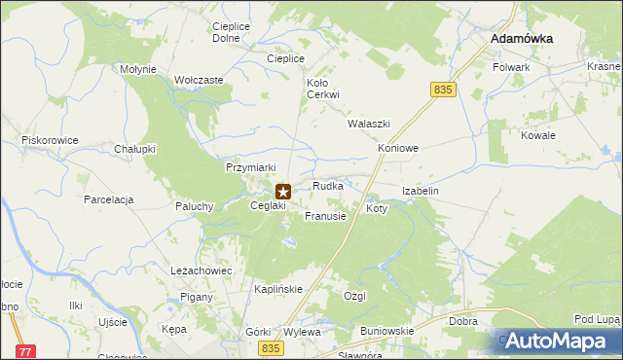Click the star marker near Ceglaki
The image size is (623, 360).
point(283,193)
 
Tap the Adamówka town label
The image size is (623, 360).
point(522,38)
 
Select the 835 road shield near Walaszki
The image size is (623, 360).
point(443,90)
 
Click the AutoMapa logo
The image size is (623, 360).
point(560,342)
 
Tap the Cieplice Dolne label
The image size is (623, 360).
point(227,32)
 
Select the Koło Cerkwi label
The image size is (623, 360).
point(322,89)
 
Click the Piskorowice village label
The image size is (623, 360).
point(50,140)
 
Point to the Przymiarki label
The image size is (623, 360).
point(252,167)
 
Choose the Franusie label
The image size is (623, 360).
point(325,216)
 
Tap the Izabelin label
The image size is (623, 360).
point(421,192)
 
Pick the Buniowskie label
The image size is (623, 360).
point(387,331)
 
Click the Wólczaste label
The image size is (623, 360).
point(200,80)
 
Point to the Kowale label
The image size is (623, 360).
point(537,135)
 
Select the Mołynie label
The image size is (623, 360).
point(138,69)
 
